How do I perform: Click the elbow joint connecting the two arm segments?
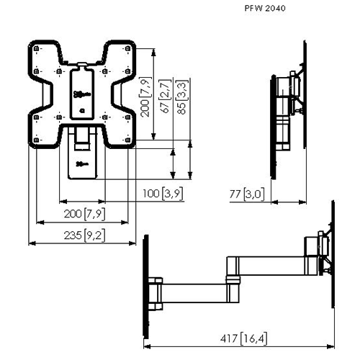coord(232,278)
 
